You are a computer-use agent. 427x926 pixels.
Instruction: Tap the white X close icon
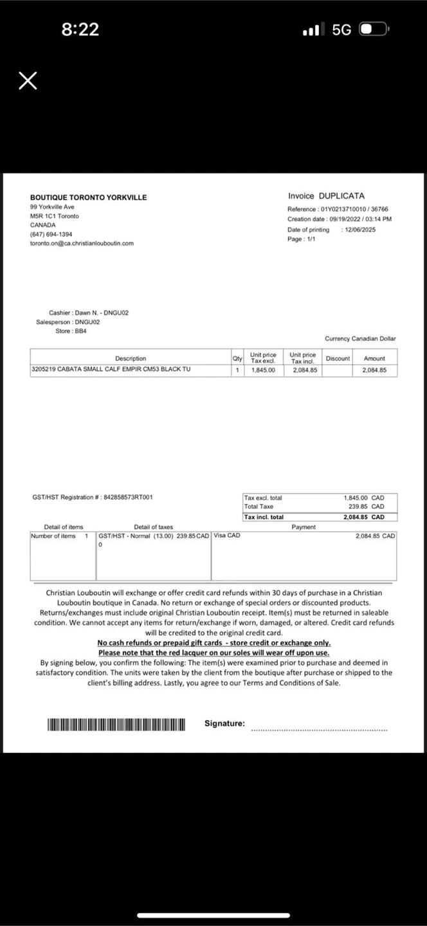point(28,80)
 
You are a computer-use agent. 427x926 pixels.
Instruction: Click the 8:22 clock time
point(80,30)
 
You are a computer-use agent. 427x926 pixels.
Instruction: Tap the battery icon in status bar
point(374,30)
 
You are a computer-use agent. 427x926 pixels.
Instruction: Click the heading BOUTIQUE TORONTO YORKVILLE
point(88,197)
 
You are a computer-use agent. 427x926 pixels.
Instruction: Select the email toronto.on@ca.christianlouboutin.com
point(82,244)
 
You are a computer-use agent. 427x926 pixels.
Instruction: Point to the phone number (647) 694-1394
point(51,235)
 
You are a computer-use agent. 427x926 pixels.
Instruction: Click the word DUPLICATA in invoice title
point(341,196)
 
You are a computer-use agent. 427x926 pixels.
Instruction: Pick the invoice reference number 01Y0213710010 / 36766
point(354,210)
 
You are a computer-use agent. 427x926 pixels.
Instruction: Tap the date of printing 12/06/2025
point(360,230)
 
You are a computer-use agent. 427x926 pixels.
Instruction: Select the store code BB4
point(80,331)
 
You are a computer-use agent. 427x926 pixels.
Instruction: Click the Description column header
point(131,358)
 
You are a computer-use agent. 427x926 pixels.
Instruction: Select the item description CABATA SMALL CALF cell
point(111,370)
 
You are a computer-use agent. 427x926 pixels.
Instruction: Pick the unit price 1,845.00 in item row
point(263,370)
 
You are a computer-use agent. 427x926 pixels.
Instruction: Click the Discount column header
point(338,358)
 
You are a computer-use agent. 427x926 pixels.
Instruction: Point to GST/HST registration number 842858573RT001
point(128,497)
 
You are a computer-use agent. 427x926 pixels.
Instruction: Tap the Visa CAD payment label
point(227,536)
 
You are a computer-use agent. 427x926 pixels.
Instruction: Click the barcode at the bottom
point(116,725)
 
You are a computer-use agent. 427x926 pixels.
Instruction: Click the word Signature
point(224,723)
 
